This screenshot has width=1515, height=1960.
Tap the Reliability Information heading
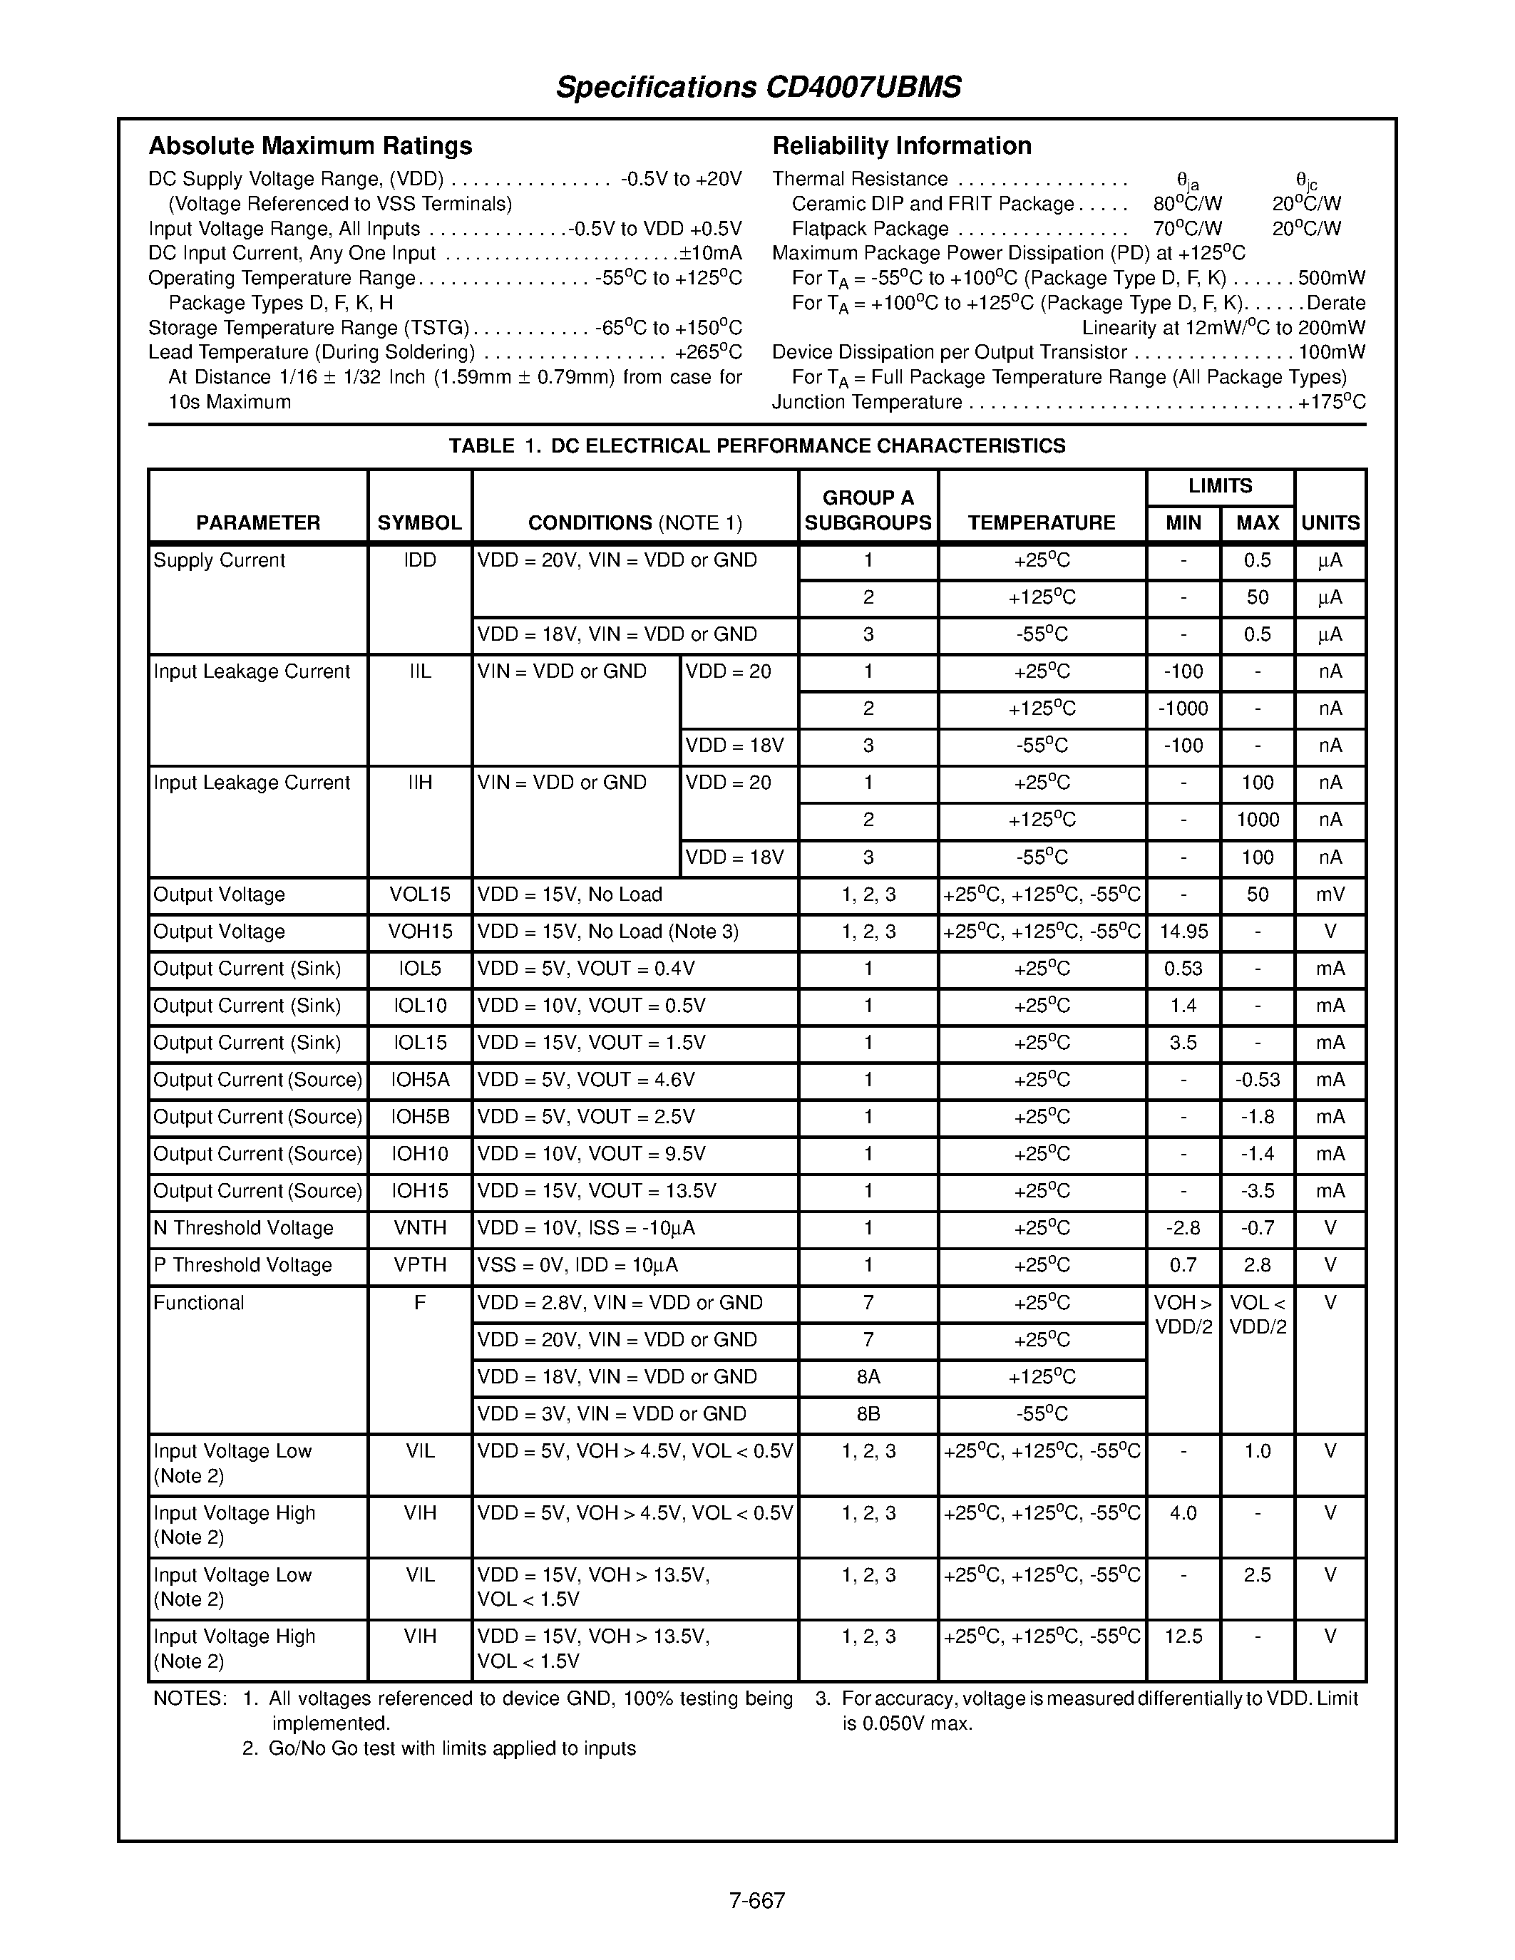[901, 145]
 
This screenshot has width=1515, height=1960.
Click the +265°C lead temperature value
[707, 353]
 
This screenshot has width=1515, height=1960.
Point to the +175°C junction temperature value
[1331, 403]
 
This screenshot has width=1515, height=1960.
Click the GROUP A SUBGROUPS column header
[867, 510]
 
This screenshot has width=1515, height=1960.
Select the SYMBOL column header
[419, 523]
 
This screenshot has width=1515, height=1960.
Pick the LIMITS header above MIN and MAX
[1219, 486]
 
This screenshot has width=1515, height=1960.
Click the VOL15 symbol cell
[419, 894]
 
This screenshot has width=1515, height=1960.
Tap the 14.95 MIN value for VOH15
[1183, 932]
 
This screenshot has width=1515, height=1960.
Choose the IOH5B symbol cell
[419, 1118]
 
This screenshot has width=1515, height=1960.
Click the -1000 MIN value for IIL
[1183, 709]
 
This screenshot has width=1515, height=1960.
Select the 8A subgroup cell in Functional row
[867, 1377]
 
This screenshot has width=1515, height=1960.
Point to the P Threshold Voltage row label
[242, 1265]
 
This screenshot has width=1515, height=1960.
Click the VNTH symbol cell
[419, 1229]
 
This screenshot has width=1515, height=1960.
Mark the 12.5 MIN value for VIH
[1183, 1637]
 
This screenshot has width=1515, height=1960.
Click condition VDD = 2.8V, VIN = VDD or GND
[620, 1303]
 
